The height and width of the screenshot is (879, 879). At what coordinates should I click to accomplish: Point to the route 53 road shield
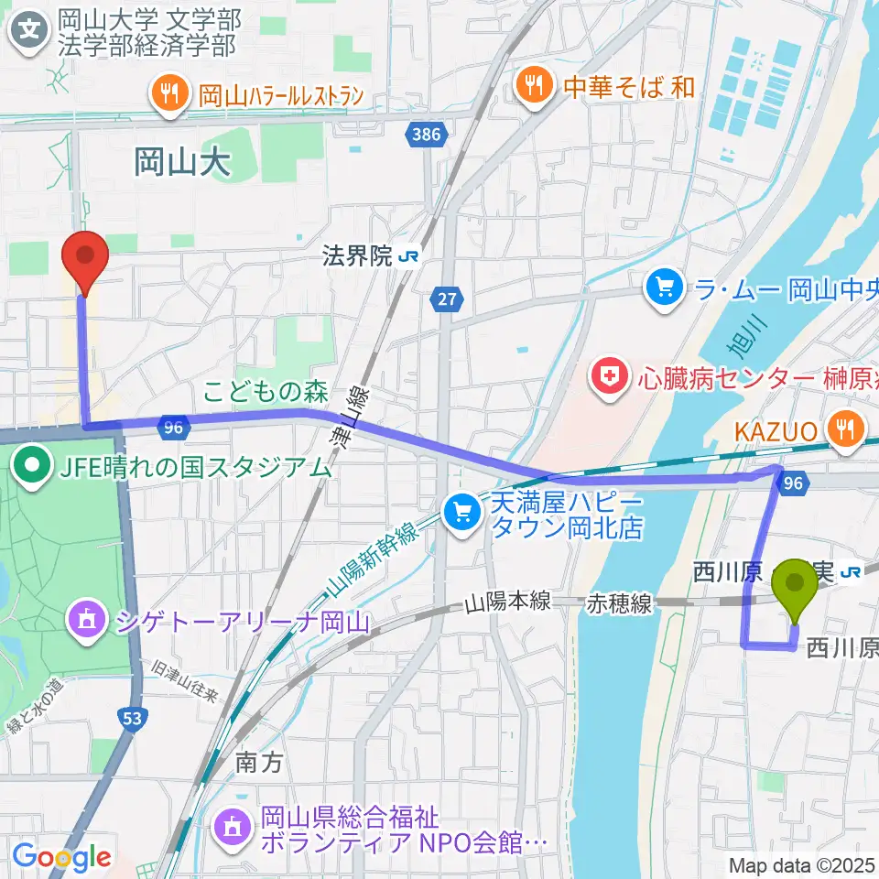[131, 720]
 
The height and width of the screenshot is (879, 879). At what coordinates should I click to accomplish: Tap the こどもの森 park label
[265, 394]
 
